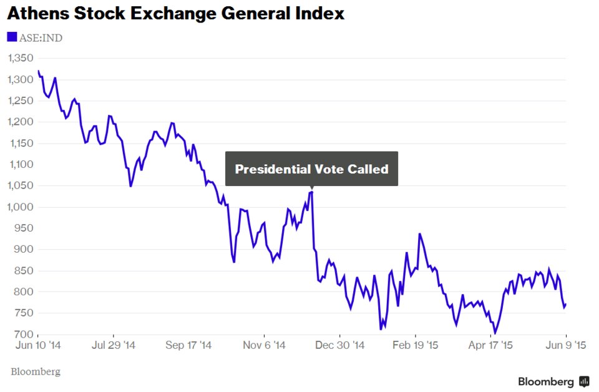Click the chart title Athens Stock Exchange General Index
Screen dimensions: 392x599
pyautogui.click(x=175, y=14)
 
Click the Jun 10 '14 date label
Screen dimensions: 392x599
pyautogui.click(x=39, y=345)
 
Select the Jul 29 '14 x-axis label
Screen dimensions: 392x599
pyautogui.click(x=113, y=345)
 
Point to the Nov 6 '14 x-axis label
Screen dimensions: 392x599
pyautogui.click(x=265, y=345)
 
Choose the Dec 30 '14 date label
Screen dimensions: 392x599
pyautogui.click(x=341, y=345)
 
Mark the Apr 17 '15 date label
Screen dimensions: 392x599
pyautogui.click(x=492, y=345)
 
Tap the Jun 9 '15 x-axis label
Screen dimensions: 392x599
pyautogui.click(x=565, y=345)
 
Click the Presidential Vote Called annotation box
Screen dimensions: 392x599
pyautogui.click(x=311, y=169)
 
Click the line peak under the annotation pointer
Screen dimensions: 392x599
pyautogui.click(x=311, y=192)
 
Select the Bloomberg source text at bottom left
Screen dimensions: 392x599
pyautogui.click(x=35, y=372)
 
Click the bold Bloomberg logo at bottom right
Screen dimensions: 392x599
pyautogui.click(x=553, y=381)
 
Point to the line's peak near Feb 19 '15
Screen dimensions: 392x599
pyautogui.click(x=419, y=234)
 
